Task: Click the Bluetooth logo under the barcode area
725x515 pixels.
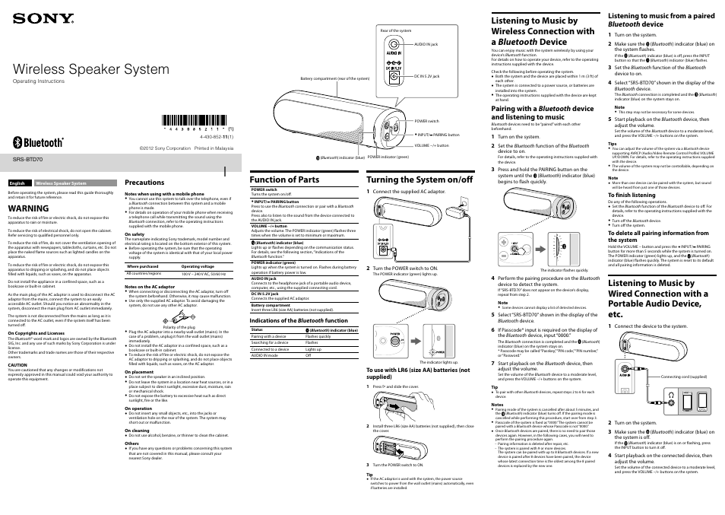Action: click(x=40, y=142)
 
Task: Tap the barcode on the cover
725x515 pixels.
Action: click(x=196, y=119)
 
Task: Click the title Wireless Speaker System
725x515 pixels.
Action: click(x=90, y=69)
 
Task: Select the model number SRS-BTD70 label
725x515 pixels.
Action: click(x=28, y=161)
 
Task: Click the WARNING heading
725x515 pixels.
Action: click(x=29, y=207)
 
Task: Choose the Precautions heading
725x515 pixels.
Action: click(x=144, y=183)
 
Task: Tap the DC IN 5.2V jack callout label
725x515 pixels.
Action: click(x=427, y=76)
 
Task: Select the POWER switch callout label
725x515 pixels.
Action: click(x=426, y=121)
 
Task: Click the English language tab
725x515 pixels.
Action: click(x=17, y=183)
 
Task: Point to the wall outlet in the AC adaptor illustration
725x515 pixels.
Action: click(x=458, y=200)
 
